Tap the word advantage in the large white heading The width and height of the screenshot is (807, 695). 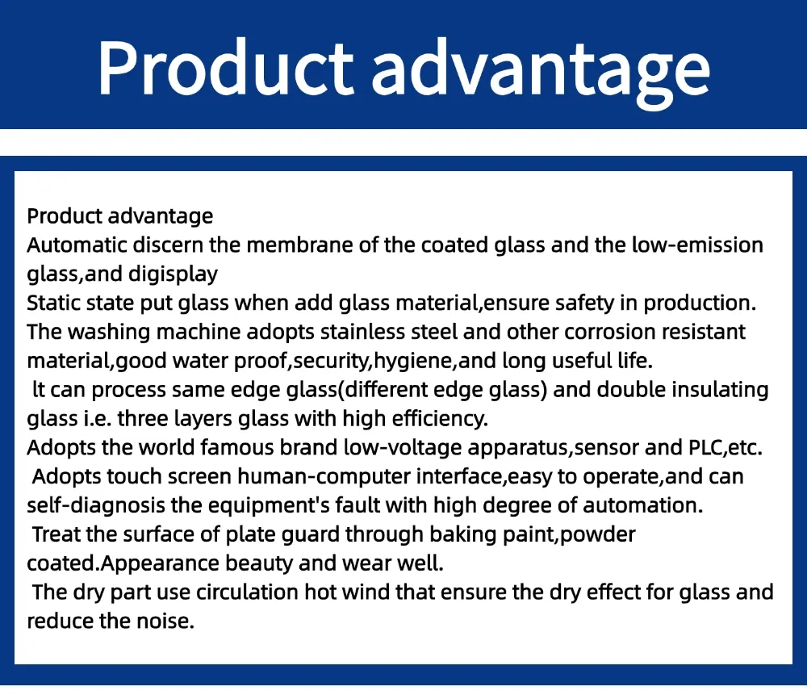coord(541,68)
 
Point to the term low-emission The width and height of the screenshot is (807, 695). coord(698,245)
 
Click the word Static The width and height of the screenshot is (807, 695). coord(50,304)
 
